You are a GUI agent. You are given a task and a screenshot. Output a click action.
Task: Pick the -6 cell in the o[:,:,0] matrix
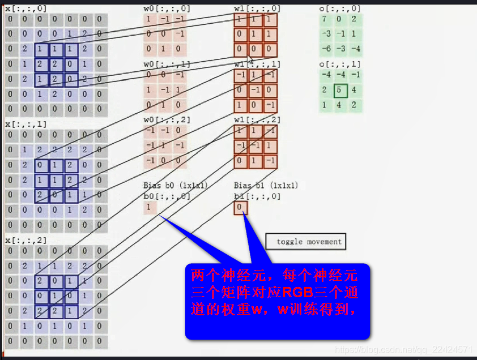pyautogui.click(x=326, y=49)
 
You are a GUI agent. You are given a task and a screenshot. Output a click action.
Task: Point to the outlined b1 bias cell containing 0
pyautogui.click(x=240, y=208)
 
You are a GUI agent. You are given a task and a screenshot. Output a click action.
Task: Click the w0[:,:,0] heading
pyautogui.click(x=167, y=8)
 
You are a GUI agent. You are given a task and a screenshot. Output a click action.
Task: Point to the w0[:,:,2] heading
pyautogui.click(x=167, y=119)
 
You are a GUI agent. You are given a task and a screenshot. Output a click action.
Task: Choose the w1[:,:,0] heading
pyautogui.click(x=257, y=8)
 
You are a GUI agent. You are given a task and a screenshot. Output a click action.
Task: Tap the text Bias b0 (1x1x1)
pyautogui.click(x=176, y=186)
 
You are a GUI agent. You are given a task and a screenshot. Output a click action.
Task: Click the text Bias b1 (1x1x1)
pyautogui.click(x=266, y=186)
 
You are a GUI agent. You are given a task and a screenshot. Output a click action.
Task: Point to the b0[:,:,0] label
pyautogui.click(x=167, y=196)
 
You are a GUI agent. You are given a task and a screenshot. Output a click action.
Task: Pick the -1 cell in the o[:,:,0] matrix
pyautogui.click(x=339, y=35)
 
